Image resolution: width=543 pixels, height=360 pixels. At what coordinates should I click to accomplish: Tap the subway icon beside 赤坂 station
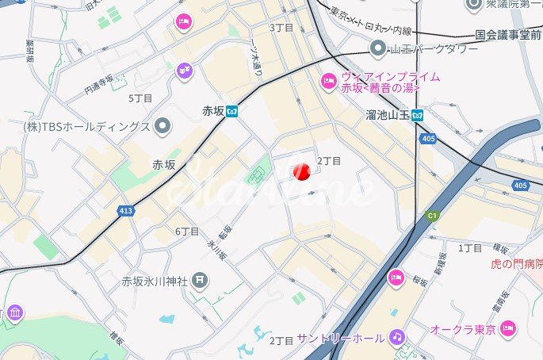[232, 111]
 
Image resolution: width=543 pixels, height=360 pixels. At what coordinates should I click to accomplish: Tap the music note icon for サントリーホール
[397, 337]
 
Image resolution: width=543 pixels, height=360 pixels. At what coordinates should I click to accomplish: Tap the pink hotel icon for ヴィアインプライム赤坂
[328, 81]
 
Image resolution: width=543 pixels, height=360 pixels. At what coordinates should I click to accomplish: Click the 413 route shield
[127, 212]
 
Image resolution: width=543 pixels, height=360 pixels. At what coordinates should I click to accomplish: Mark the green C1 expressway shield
[433, 215]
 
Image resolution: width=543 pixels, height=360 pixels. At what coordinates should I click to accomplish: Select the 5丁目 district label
[140, 98]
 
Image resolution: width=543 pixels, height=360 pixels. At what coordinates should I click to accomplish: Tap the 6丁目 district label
[186, 232]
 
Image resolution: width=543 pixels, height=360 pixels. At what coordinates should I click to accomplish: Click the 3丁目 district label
[281, 28]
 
